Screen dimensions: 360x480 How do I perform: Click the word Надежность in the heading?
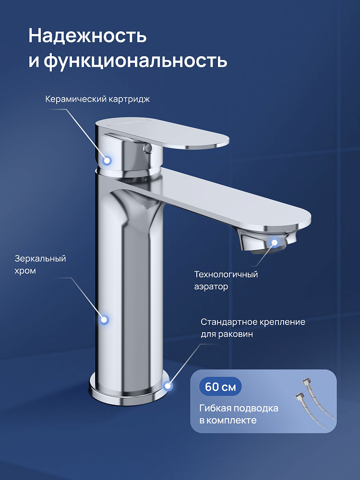click(x=87, y=36)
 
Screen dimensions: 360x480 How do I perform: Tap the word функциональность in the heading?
click(x=135, y=60)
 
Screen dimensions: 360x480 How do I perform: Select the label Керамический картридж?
click(x=97, y=99)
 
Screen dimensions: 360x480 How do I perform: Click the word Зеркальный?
click(x=40, y=259)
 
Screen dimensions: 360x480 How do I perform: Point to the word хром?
click(x=25, y=271)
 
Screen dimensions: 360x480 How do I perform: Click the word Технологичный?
click(x=226, y=274)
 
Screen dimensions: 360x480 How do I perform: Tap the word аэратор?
click(x=211, y=287)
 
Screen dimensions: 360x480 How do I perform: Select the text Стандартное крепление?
click(x=253, y=322)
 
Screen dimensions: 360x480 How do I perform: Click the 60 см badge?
click(x=220, y=386)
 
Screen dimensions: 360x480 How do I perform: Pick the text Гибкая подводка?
click(x=239, y=408)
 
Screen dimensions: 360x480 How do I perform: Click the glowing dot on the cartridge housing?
click(x=107, y=160)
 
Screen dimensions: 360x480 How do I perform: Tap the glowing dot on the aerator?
click(x=275, y=243)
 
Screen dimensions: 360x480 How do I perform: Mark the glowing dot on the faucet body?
click(x=104, y=320)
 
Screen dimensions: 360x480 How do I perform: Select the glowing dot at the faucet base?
click(x=168, y=386)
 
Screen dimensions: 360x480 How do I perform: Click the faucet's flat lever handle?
click(x=162, y=133)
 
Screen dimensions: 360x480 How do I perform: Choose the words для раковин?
click(x=227, y=334)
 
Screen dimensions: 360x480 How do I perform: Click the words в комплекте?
click(x=228, y=420)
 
